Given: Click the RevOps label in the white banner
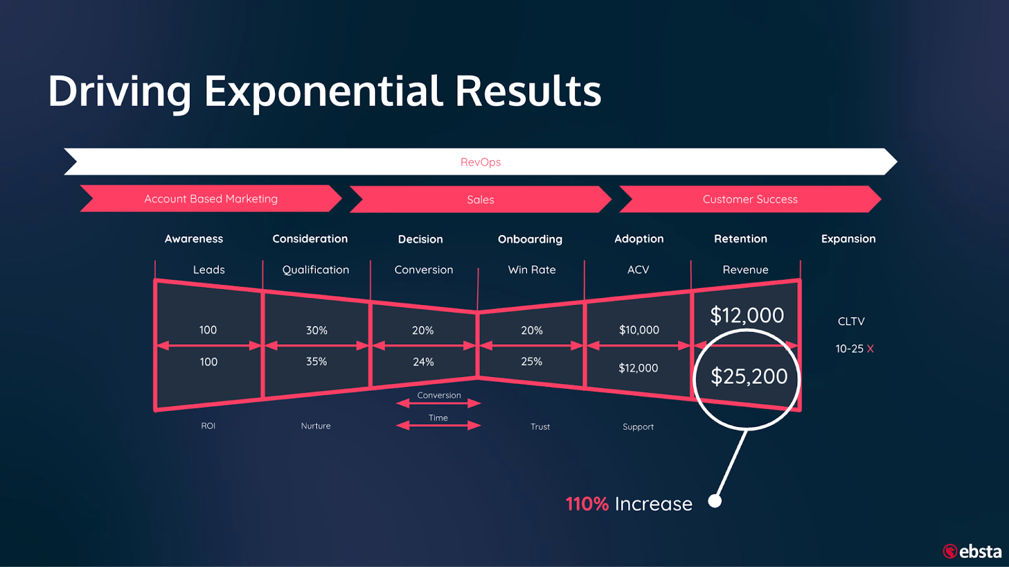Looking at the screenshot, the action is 480,162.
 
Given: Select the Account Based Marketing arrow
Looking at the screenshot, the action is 211,198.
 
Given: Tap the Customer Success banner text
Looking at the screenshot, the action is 750,200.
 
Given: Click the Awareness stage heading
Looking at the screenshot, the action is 194,239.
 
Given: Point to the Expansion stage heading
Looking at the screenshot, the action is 848,239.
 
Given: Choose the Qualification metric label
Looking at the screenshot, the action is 315,270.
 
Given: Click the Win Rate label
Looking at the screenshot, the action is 532,270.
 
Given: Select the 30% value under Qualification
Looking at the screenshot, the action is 317,330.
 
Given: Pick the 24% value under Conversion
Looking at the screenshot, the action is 423,362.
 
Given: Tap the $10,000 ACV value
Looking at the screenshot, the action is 639,330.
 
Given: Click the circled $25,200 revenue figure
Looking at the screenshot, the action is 749,376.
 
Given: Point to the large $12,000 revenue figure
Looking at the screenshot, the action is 747,315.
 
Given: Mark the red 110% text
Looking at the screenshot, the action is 587,504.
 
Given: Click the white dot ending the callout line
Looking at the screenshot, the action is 715,501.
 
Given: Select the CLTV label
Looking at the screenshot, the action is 851,321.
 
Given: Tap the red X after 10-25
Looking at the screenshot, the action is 870,349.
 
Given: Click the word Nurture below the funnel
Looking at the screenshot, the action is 315,426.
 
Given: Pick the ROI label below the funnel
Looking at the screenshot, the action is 207,426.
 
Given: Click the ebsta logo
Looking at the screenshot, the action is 972,551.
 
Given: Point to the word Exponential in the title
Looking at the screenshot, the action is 324,92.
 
